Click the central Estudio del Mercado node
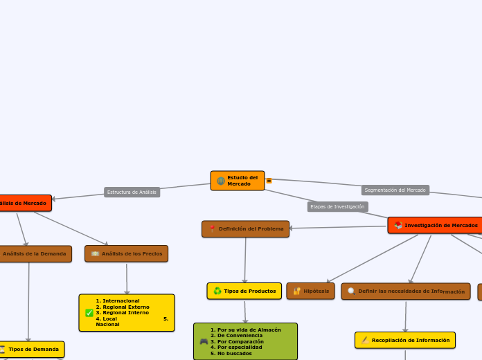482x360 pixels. pos(238,181)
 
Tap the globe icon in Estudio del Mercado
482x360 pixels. pos(220,181)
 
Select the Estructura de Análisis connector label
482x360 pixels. pos(132,192)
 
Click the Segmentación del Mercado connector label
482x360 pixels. pos(395,190)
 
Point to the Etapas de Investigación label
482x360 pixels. pos(337,206)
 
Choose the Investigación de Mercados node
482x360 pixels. pos(436,225)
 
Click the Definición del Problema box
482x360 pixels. pos(246,228)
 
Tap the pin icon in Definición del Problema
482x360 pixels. pos(212,228)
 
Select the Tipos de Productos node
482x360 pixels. pos(244,291)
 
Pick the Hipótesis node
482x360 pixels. pos(310,291)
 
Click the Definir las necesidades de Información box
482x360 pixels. pos(406,291)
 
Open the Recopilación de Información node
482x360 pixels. pos(405,340)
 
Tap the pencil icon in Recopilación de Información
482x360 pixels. pos(364,340)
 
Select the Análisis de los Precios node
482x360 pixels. pos(126,253)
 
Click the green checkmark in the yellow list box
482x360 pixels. pos(89,313)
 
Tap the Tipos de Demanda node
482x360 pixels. pos(32,349)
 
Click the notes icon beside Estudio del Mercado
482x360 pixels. pos(269,181)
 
